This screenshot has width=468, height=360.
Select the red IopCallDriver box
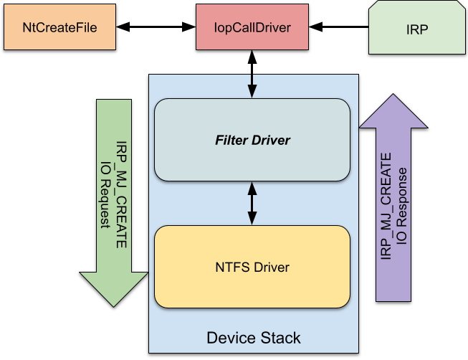pos(252,28)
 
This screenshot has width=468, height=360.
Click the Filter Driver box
pos(252,139)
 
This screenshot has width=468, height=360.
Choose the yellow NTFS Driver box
pos(252,267)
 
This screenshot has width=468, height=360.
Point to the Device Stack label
pos(253,337)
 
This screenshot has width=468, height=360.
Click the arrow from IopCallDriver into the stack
pos(252,86)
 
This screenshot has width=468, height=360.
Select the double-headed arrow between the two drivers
pos(252,203)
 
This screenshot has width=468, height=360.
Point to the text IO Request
pos(105,193)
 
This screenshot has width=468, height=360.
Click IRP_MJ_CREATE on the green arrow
pos(121,194)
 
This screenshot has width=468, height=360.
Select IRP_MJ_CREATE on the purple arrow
pos(386,207)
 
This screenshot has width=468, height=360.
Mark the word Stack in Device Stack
pos(282,337)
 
